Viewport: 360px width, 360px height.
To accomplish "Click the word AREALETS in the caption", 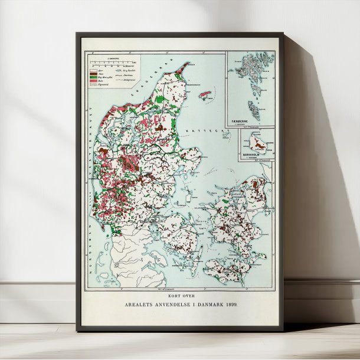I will point(138,305).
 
